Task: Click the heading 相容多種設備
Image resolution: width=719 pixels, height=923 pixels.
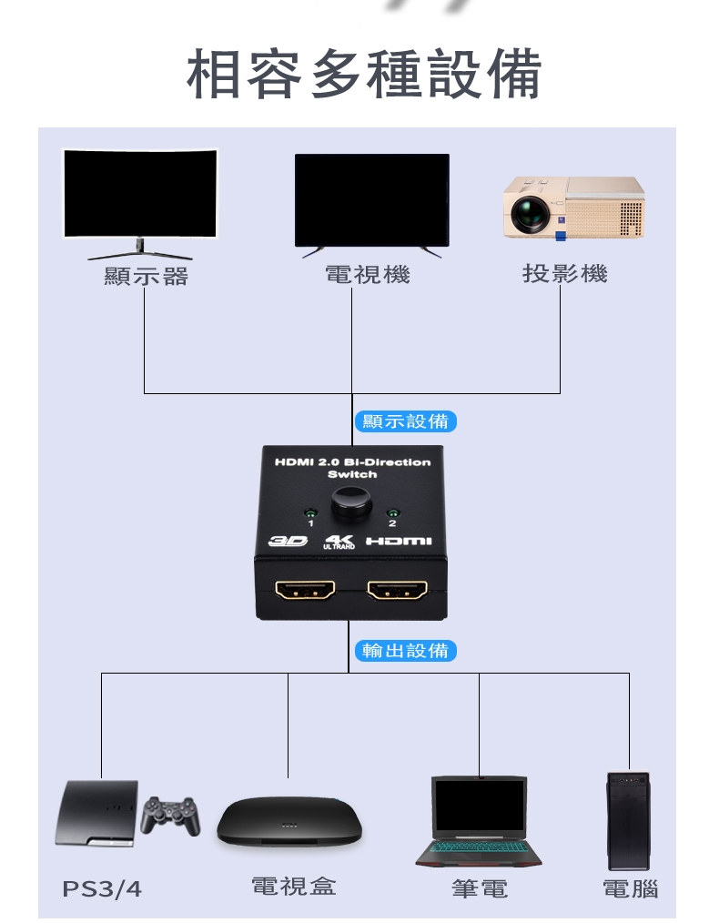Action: coord(364,75)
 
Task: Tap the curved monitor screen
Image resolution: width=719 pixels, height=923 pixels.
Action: coord(140,193)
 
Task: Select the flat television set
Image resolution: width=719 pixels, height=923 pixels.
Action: coord(371,200)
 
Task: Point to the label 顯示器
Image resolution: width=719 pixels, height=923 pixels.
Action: coord(146,276)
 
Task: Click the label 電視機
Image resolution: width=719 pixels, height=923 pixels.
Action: coord(367,274)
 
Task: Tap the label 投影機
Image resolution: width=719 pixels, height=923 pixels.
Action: coord(564,273)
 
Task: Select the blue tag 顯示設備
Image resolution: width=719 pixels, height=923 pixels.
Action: coord(405,421)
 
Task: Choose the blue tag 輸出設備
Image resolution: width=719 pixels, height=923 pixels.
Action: coord(405,651)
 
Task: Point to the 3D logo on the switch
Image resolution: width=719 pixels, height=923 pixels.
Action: coord(288,542)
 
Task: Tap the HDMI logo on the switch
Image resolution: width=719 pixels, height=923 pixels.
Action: coord(399,542)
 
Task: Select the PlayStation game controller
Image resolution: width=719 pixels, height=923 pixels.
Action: coord(170,815)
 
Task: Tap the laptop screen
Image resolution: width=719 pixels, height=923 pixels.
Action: coord(479,806)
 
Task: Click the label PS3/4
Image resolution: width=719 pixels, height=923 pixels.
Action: coord(102,889)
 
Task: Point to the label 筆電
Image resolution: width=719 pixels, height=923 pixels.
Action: coord(480,888)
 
